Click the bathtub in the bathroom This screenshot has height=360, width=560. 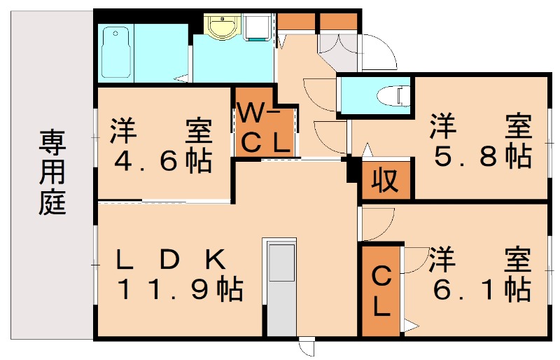118,52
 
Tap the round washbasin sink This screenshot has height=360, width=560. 223,29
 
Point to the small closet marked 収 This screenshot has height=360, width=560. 385,181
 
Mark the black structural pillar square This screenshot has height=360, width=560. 352,169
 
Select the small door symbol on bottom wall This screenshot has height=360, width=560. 306,348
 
